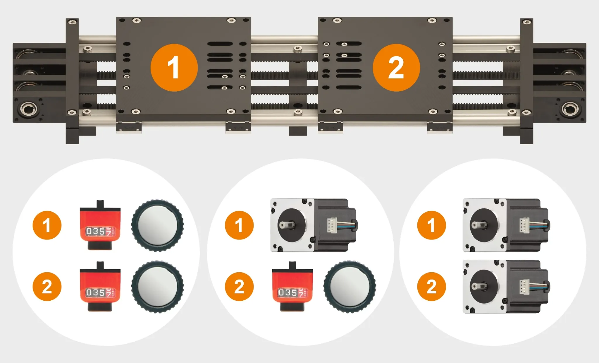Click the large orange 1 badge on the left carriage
click(x=174, y=68)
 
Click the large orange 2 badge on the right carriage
click(x=396, y=68)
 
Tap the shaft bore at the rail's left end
click(x=29, y=110)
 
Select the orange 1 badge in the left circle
click(x=47, y=225)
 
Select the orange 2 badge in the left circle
click(x=47, y=286)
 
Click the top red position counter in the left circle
click(x=100, y=225)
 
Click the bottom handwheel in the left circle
click(x=157, y=287)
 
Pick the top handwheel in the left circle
click(x=157, y=226)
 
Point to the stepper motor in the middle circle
click(x=314, y=225)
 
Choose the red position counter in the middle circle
click(x=292, y=286)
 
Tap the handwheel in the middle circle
click(x=350, y=287)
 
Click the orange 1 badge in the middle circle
click(x=239, y=225)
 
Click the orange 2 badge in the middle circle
click(x=239, y=286)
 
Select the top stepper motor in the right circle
click(x=506, y=225)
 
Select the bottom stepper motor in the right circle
click(x=506, y=287)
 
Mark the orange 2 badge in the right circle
click(x=431, y=286)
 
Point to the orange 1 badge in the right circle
click(x=431, y=225)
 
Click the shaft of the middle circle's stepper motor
click(x=285, y=225)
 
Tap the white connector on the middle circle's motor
click(x=332, y=225)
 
